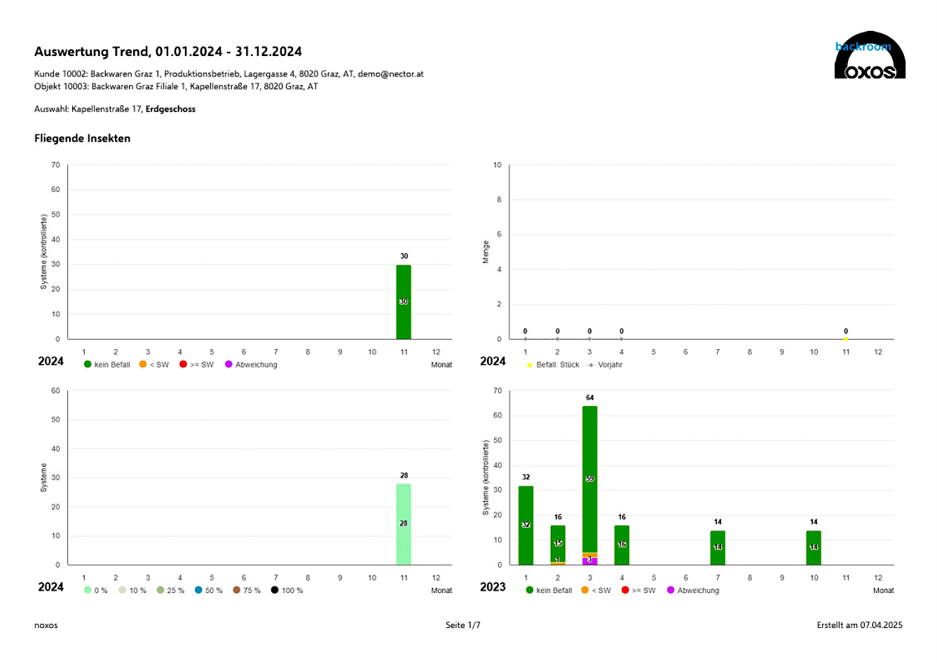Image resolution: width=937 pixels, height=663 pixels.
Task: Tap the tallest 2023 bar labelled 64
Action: pos(589,477)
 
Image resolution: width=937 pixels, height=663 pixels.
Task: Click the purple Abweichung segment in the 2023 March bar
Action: pos(589,561)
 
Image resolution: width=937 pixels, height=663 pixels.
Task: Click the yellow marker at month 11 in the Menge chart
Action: pos(846,339)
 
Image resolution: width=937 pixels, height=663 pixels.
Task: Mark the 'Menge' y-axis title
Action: pos(486,252)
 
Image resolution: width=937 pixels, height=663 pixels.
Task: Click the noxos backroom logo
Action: pos(870,56)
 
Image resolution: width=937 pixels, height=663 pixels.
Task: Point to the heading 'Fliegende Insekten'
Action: pos(82,138)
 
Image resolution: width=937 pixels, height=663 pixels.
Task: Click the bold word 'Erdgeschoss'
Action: pos(170,109)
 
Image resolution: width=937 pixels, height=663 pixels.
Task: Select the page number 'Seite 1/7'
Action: pos(463,625)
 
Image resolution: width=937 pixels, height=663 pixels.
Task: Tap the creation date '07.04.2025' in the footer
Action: pos(881,625)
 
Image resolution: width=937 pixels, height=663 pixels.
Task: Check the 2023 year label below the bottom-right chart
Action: pos(493,587)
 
